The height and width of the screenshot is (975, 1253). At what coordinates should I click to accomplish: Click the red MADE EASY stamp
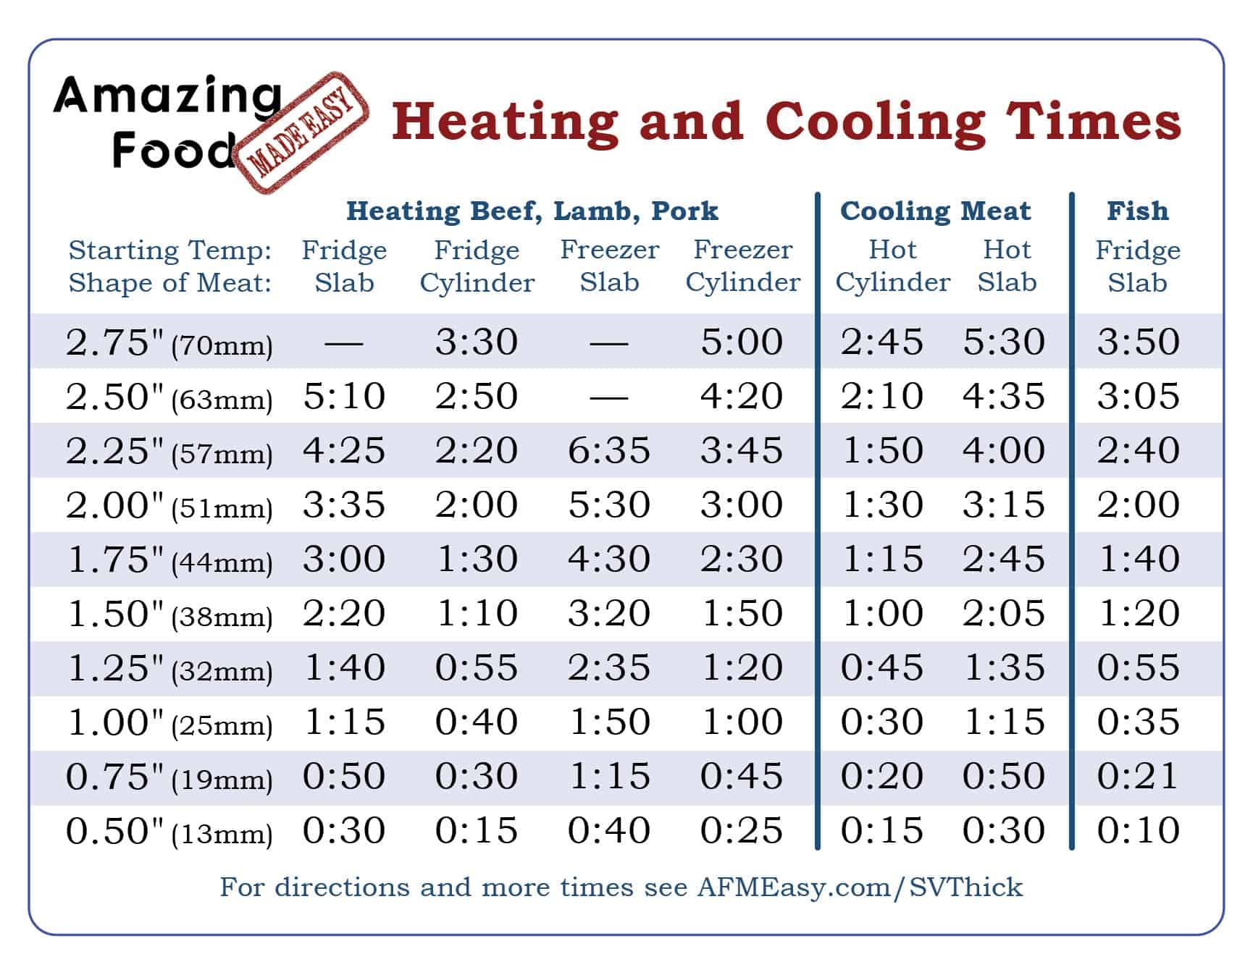click(x=306, y=133)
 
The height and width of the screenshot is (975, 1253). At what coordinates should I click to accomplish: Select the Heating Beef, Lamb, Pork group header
click(x=532, y=211)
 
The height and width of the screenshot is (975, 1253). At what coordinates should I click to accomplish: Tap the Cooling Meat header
click(x=935, y=211)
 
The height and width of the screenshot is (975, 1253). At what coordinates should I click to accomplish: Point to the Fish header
click(x=1137, y=211)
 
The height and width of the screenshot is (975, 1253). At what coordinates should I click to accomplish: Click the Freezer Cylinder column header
click(x=742, y=266)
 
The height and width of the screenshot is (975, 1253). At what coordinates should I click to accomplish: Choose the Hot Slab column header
click(x=1007, y=266)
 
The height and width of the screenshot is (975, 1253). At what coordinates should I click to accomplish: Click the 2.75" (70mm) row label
click(x=169, y=342)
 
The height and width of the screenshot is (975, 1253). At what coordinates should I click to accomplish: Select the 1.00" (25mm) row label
click(x=169, y=722)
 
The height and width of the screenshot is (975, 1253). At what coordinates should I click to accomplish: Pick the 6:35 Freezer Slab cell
click(x=609, y=450)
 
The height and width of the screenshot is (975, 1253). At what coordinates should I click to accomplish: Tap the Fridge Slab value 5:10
click(x=344, y=396)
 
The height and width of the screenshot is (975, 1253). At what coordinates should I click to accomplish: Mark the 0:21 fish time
click(x=1138, y=776)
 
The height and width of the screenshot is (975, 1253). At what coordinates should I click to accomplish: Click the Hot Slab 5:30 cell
click(x=1004, y=342)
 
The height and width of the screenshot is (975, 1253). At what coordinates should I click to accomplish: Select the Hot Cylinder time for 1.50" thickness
click(x=881, y=613)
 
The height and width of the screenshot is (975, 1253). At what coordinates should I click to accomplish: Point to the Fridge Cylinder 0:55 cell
click(x=477, y=667)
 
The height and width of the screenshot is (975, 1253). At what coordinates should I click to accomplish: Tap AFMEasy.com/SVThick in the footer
click(x=860, y=887)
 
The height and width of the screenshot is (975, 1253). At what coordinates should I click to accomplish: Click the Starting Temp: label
click(x=170, y=250)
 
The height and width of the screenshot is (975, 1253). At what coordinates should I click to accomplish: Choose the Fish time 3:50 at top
click(x=1138, y=342)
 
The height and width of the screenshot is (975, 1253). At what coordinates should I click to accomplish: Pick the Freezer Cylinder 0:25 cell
click(x=742, y=830)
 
